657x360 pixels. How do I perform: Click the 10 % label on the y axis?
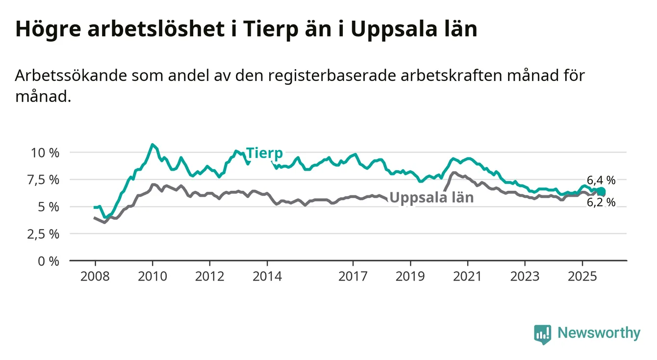point(45,153)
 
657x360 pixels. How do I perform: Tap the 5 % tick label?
point(49,206)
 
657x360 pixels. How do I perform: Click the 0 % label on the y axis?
point(49,260)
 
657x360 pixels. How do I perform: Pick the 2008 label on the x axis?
point(95,277)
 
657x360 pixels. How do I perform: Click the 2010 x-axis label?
point(152,277)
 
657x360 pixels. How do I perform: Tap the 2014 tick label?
point(267,277)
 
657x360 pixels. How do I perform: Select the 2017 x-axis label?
point(353,277)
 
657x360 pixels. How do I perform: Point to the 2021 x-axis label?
point(468,277)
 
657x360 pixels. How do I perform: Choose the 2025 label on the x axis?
point(582,277)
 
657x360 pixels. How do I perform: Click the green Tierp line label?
point(264,153)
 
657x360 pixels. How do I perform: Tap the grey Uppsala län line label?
point(431,198)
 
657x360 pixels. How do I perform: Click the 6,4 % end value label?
point(601,180)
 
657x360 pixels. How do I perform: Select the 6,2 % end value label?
point(601,203)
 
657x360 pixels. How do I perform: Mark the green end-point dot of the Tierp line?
point(601,192)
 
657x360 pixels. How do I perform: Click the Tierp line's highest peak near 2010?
point(152,145)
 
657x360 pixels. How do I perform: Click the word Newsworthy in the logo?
point(599,334)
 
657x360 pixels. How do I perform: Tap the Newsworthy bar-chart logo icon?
point(542,334)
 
